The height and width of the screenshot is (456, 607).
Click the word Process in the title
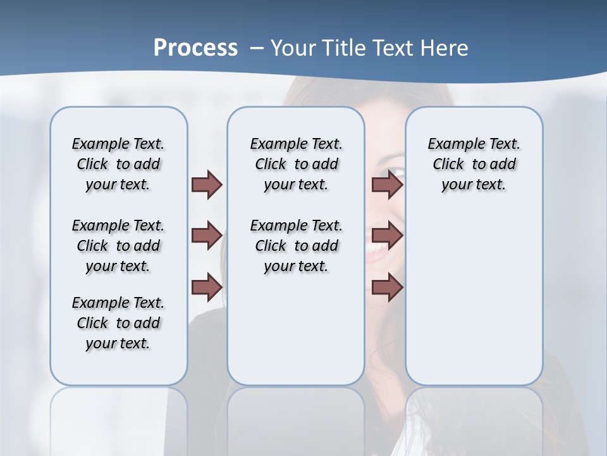click(x=195, y=47)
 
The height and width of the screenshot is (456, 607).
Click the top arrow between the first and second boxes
click(x=207, y=184)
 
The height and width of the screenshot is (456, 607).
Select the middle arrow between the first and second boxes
click(x=207, y=236)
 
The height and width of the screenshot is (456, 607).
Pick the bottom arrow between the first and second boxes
click(x=207, y=287)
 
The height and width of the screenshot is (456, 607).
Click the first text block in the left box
click(x=118, y=164)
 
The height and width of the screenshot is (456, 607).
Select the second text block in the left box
click(x=118, y=246)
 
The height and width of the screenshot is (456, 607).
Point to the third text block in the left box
click(x=118, y=323)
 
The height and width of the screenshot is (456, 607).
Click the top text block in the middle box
click(x=296, y=164)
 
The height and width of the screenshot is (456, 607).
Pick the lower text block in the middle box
click(x=296, y=246)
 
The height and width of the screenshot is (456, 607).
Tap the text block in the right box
click(x=474, y=164)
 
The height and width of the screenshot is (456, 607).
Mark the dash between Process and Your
click(x=257, y=48)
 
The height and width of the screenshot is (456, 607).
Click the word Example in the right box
click(x=452, y=144)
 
